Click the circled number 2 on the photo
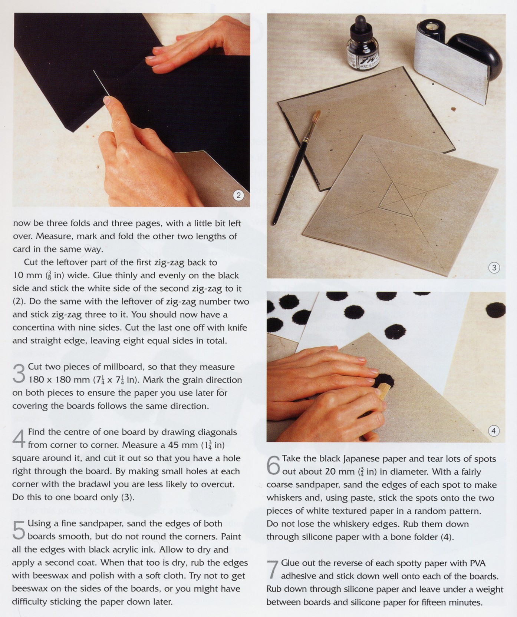point(238,195)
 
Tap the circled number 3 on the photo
point(494,268)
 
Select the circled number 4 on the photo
point(493,431)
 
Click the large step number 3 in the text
point(19,373)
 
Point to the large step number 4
point(19,438)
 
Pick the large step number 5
point(19,530)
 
